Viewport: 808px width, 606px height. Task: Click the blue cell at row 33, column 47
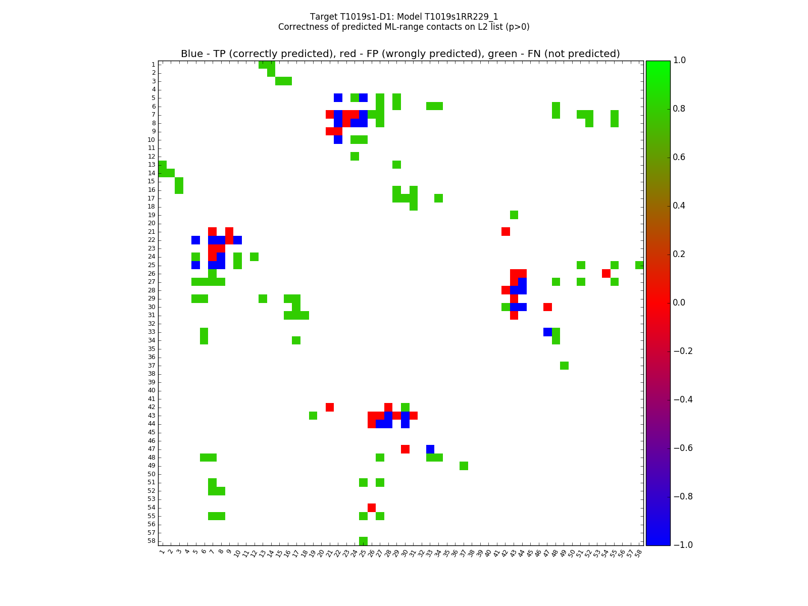(x=547, y=332)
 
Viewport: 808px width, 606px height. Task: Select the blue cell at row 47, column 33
(x=430, y=449)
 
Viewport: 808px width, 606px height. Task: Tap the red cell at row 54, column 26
(x=372, y=508)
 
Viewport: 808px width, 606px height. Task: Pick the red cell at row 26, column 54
(x=606, y=273)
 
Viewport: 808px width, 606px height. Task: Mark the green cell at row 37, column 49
(x=564, y=365)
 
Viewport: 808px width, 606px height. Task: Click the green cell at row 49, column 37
(x=464, y=466)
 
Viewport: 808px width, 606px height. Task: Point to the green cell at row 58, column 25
(x=363, y=541)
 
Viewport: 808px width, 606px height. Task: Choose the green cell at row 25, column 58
(x=639, y=265)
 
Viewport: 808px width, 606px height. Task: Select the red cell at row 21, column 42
(x=506, y=231)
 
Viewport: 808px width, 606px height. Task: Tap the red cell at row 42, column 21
(x=330, y=407)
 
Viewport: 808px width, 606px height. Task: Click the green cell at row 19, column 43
(x=514, y=215)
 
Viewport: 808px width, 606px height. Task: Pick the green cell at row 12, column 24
(x=355, y=156)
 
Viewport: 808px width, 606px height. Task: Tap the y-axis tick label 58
(x=151, y=541)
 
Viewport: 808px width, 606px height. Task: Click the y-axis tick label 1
(x=153, y=65)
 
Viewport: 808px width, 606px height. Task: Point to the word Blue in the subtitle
(x=191, y=54)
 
